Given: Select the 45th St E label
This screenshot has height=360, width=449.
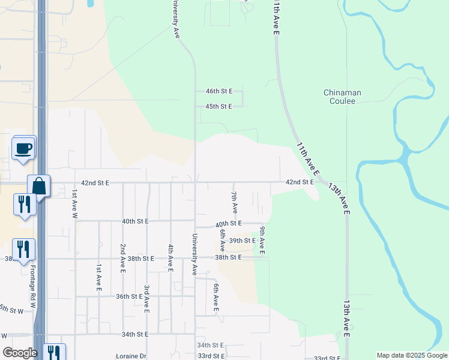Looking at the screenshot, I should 218,106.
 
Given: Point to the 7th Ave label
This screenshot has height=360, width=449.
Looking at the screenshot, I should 235,203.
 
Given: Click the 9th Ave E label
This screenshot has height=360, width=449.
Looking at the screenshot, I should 262,240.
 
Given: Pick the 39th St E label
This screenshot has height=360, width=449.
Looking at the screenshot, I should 243,241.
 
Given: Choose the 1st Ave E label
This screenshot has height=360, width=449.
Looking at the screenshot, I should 98,277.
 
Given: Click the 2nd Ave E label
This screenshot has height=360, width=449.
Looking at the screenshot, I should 122,258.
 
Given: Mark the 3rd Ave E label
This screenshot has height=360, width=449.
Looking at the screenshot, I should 146,298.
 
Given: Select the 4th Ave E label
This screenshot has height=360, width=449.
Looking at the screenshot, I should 170,258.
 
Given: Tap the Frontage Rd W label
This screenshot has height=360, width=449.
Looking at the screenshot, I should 33,288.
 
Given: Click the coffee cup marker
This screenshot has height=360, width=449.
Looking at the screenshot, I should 23,148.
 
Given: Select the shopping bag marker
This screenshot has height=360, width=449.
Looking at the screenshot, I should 39,185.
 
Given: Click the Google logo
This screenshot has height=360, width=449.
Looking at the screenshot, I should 20,353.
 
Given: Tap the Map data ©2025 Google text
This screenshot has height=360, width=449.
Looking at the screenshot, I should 411,355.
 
